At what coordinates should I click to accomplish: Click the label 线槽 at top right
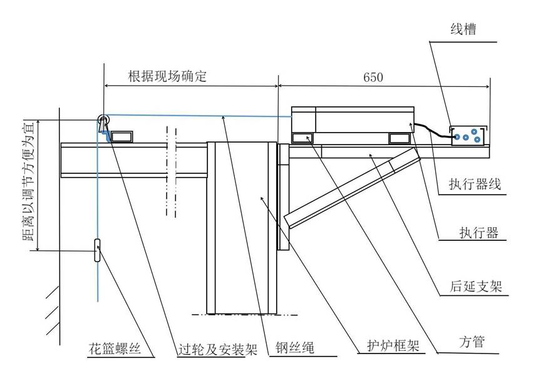coord(464,29)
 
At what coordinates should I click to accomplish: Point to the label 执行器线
coord(475,185)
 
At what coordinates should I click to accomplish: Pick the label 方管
coord(475,342)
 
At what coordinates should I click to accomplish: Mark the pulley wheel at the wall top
coord(102,121)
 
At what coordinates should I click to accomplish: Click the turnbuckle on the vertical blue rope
coord(98,250)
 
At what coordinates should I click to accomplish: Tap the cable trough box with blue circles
coord(469,135)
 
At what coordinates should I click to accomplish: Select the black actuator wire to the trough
coord(432,130)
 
